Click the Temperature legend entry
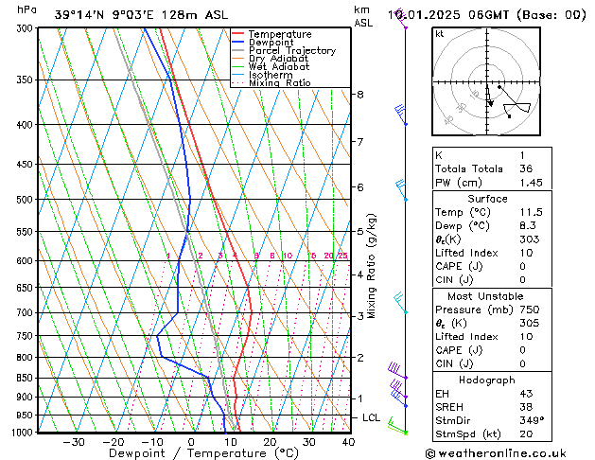(282, 34)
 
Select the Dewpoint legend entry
(275, 43)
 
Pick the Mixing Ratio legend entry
(279, 83)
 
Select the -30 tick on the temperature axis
(74, 442)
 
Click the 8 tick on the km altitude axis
(359, 95)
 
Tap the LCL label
(372, 417)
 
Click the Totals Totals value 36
(526, 168)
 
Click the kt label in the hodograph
(440, 34)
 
